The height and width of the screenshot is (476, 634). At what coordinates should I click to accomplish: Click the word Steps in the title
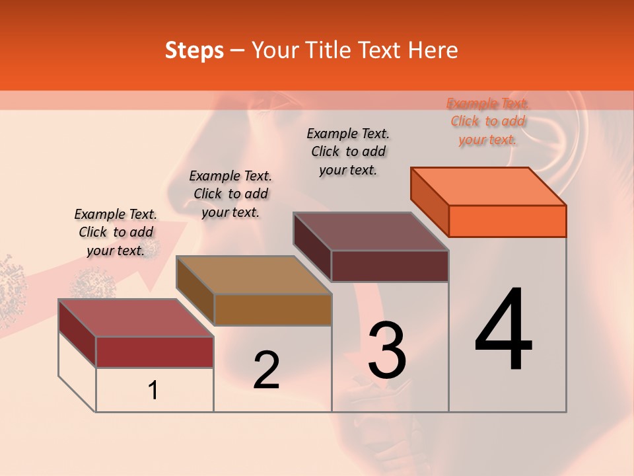[x=194, y=50]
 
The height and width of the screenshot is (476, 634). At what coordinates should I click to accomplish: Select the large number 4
[x=504, y=330]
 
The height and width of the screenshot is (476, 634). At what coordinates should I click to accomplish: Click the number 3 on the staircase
[x=387, y=350]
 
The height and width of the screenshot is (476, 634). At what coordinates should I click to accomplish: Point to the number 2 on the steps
[x=267, y=370]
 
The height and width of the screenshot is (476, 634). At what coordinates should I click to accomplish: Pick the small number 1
[x=153, y=390]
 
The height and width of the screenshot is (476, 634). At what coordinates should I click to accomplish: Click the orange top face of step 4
[x=489, y=186]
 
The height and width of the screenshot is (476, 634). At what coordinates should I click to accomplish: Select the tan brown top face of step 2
[x=254, y=275]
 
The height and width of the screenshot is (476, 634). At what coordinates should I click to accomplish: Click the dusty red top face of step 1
[x=136, y=318]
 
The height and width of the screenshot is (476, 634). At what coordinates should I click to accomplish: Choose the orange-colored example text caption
[x=488, y=121]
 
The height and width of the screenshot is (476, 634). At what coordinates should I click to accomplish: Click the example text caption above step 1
[x=116, y=232]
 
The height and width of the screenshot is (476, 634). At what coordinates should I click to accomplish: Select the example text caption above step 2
[x=230, y=194]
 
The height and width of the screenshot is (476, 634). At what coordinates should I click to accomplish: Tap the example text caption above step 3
[x=348, y=151]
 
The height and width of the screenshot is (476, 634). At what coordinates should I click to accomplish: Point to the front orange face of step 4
[x=507, y=221]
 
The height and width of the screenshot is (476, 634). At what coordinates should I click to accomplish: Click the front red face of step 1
[x=155, y=352]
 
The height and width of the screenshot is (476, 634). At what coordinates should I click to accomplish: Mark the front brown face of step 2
[x=273, y=309]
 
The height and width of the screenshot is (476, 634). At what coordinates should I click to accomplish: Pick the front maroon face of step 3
[x=390, y=266]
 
